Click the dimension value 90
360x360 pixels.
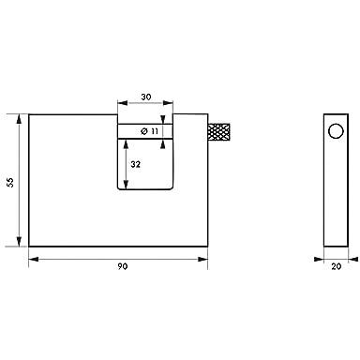point(123,266)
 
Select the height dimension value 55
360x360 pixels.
point(10,182)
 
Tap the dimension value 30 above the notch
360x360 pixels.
point(145,97)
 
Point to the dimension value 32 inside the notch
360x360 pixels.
point(135,164)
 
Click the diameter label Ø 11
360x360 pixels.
point(150,131)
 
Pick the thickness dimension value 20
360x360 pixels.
point(337,266)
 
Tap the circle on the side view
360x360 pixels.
point(336,131)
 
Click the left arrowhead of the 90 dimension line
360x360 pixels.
point(34,259)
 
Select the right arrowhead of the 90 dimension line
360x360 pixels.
point(203,259)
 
